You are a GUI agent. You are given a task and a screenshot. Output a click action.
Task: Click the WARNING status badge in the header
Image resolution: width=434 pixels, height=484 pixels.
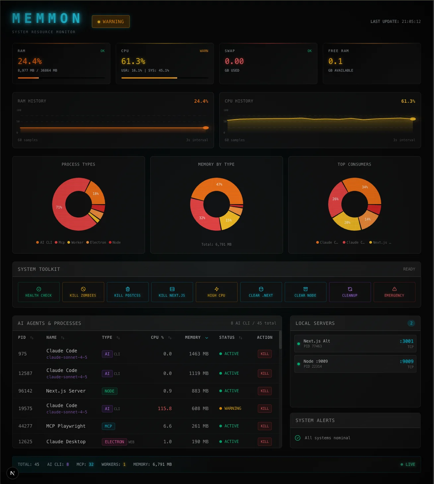pos(111,22)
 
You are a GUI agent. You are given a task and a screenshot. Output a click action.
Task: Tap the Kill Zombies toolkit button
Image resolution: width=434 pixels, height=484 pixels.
pos(83,292)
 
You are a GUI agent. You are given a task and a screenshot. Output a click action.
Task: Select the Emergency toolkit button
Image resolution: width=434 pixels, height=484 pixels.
pos(394,292)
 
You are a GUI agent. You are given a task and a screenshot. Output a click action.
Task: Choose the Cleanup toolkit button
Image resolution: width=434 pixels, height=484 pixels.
pos(350,292)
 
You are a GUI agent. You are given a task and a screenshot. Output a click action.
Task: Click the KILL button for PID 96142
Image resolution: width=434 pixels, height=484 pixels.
pos(264,391)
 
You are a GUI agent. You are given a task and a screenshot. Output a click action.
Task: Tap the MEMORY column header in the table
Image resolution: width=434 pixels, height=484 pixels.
pos(193,337)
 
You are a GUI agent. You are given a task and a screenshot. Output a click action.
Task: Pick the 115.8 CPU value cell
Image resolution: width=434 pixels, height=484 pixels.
pos(165,408)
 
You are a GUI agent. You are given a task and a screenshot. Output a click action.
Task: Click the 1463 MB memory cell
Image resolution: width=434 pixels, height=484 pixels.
pos(199,354)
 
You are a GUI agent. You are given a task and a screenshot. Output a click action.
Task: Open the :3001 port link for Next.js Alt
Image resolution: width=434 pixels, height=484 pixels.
pos(407,341)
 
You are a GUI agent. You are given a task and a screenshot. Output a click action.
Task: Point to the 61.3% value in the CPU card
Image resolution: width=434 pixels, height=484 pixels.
pos(133,61)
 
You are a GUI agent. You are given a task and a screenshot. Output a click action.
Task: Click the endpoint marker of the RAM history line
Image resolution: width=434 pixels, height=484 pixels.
pos(206,128)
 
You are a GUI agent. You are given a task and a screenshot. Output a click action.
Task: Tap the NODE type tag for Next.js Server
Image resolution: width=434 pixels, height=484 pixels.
pos(109,391)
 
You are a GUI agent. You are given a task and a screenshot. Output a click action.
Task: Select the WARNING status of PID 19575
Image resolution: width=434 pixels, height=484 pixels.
pos(232,408)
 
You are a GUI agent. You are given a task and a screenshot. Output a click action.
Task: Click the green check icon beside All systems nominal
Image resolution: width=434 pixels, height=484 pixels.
pos(298,438)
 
